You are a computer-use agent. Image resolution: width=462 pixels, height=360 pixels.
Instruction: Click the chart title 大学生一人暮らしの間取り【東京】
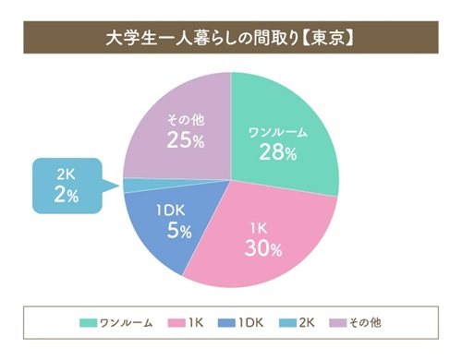(231, 40)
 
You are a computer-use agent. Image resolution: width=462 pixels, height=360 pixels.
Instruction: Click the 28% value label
(278, 152)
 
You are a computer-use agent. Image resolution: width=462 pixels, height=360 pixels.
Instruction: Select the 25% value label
(186, 140)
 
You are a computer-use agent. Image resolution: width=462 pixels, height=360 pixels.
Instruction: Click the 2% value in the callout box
(67, 195)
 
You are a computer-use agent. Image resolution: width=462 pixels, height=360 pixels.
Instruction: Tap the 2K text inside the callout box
(66, 174)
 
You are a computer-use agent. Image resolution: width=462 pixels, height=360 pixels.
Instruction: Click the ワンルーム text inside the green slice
(278, 132)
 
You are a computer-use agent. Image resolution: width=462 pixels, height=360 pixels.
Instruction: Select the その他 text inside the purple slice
(185, 119)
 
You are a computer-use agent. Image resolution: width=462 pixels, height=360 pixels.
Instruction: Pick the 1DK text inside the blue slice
(172, 210)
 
